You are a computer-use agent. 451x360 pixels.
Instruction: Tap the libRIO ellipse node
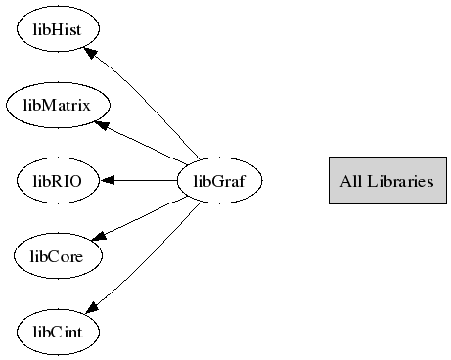[x=57, y=180]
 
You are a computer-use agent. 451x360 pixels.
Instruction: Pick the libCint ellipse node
[x=57, y=333]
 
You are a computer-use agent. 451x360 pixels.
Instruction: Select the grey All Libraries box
[x=386, y=180]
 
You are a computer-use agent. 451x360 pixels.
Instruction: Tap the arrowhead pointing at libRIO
[x=107, y=180]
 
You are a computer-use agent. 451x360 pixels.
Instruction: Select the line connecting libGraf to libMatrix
[x=147, y=145]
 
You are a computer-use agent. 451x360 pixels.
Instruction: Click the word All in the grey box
[x=350, y=180]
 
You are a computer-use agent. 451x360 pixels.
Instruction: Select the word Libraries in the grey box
[x=399, y=180]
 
